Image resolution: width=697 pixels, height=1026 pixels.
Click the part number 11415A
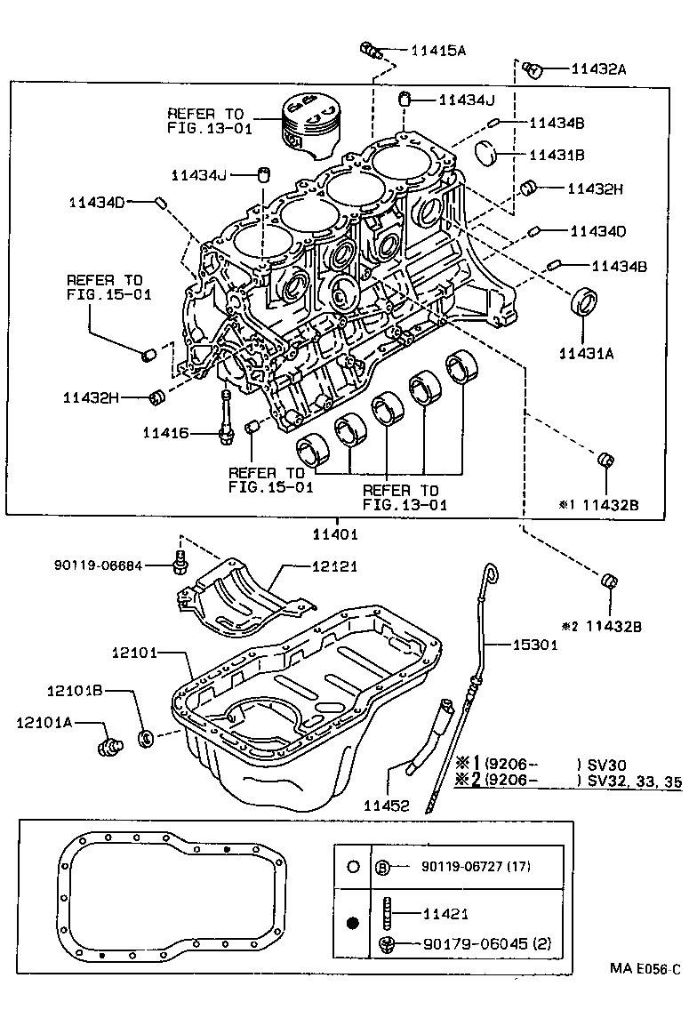(x=437, y=52)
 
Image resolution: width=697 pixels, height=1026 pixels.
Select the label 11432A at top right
(x=598, y=68)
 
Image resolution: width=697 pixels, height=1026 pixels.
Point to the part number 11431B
(x=557, y=155)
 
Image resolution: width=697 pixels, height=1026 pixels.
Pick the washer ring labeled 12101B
(x=148, y=737)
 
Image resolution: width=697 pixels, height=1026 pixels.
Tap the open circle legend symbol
(x=352, y=866)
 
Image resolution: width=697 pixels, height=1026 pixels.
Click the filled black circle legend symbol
(x=352, y=924)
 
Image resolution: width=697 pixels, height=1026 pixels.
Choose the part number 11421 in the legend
(x=445, y=913)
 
